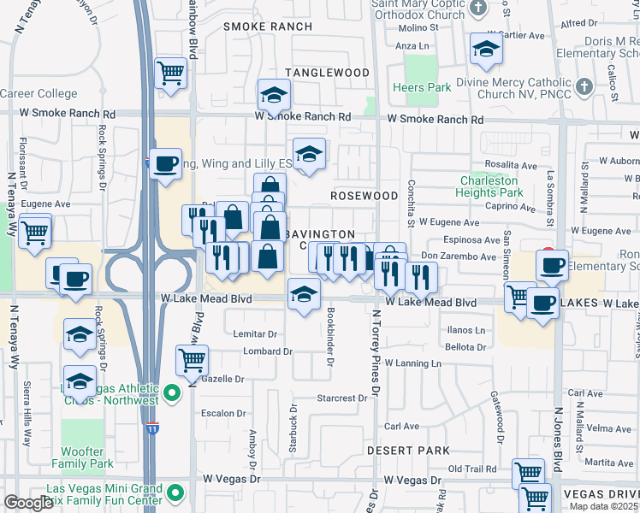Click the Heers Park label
pyautogui.click(x=422, y=87)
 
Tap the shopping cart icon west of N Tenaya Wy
pyautogui.click(x=35, y=231)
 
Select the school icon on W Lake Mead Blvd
pyautogui.click(x=304, y=295)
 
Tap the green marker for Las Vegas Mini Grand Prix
pyautogui.click(x=175, y=492)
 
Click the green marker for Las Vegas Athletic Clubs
pyautogui.click(x=172, y=394)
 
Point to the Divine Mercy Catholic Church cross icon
pyautogui.click(x=584, y=85)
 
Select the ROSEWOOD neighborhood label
pyautogui.click(x=365, y=196)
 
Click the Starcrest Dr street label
pyautogui.click(x=341, y=398)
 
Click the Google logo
pyautogui.click(x=28, y=503)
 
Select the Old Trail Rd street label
pyautogui.click(x=472, y=469)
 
